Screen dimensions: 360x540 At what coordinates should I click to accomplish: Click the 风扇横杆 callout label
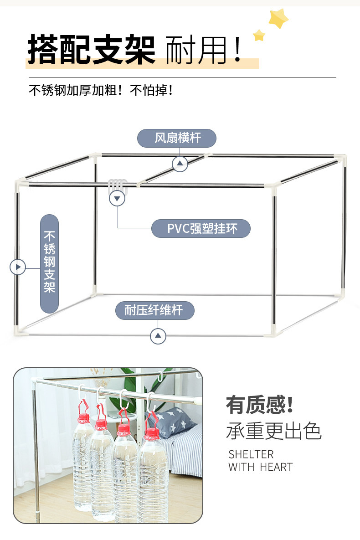(x=177, y=138)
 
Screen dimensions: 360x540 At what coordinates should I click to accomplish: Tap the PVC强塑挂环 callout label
(x=201, y=228)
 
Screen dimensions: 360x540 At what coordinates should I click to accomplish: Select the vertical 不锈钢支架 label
(x=49, y=263)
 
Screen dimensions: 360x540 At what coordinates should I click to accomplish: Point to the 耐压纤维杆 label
(x=154, y=311)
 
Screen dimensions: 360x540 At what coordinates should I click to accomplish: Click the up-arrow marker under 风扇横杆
(x=180, y=163)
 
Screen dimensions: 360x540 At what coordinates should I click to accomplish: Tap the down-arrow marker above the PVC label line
(x=118, y=199)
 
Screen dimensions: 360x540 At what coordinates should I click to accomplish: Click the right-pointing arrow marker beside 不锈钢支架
(x=18, y=267)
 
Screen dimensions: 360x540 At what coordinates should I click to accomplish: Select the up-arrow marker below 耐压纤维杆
(x=158, y=336)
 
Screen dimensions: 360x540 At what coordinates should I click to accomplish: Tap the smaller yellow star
(x=259, y=35)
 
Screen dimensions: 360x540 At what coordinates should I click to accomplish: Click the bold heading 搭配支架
(x=92, y=49)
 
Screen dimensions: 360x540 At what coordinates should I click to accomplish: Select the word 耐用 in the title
(x=196, y=49)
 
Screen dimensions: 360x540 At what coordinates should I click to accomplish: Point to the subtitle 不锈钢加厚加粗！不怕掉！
(x=101, y=90)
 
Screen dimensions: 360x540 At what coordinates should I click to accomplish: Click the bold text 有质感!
(x=259, y=405)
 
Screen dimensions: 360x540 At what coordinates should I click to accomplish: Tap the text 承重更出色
(x=273, y=431)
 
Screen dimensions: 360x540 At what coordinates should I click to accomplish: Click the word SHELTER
(x=251, y=454)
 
